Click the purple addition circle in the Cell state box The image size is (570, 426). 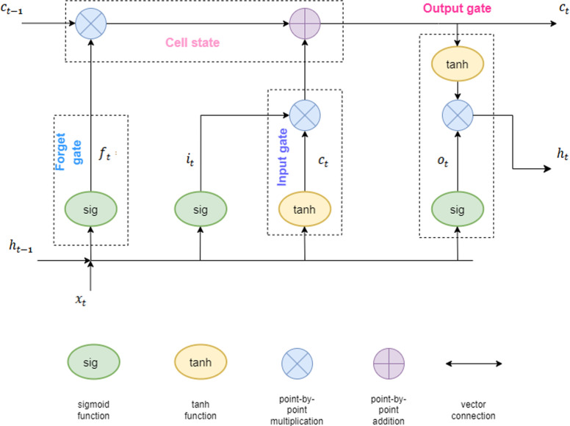coord(305,24)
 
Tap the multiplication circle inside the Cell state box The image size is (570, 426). coord(91,24)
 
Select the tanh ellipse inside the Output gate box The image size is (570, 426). coord(458,65)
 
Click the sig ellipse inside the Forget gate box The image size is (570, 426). coord(91,209)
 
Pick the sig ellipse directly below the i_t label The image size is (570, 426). coord(201,209)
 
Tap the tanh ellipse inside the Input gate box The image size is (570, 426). coord(305,209)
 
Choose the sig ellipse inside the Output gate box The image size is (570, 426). coord(458,209)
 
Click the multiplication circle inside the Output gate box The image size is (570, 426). coord(458,114)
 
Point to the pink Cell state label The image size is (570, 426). coord(193,43)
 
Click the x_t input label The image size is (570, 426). coord(91,300)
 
